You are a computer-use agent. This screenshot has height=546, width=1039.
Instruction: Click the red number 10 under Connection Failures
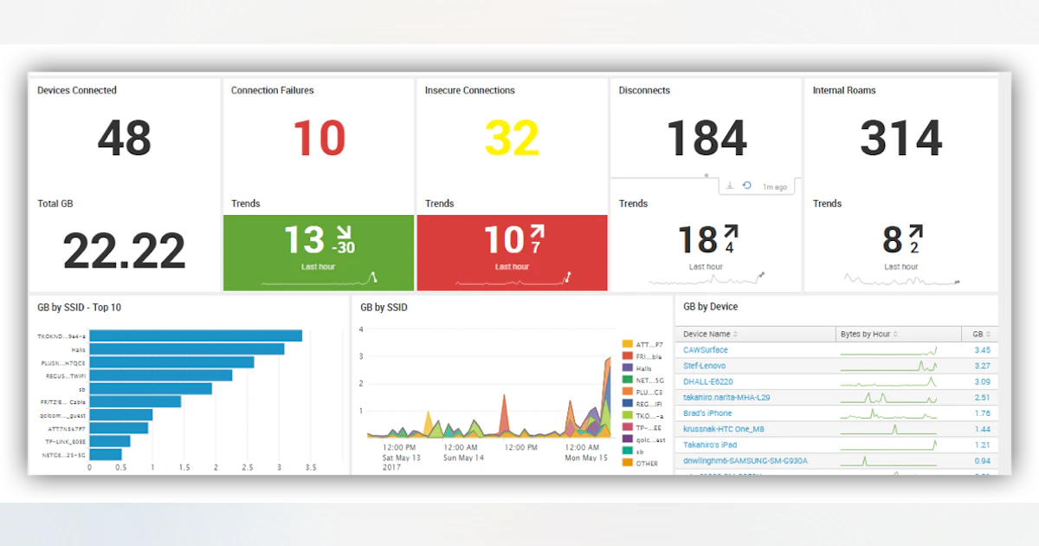click(x=319, y=139)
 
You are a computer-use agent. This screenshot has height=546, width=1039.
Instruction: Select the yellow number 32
click(x=513, y=139)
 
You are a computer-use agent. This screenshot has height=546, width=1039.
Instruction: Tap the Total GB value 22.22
click(x=124, y=251)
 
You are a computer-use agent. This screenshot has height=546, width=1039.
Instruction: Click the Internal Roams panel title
click(x=843, y=90)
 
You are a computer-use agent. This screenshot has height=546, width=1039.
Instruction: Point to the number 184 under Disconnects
click(x=707, y=139)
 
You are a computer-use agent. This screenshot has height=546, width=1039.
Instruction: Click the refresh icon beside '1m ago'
click(x=746, y=186)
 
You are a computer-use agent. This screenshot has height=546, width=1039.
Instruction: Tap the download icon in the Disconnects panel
click(x=730, y=186)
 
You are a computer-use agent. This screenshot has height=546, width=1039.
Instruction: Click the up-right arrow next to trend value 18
click(x=731, y=232)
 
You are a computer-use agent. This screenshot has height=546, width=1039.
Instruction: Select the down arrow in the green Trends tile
click(x=344, y=232)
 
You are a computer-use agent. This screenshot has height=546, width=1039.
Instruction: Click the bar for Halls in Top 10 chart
click(x=186, y=349)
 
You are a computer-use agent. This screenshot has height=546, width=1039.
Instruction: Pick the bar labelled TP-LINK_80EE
click(x=109, y=441)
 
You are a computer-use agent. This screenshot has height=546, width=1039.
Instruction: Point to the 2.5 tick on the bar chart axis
click(x=248, y=468)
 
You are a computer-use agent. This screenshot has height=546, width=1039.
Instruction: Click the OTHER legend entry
click(x=646, y=463)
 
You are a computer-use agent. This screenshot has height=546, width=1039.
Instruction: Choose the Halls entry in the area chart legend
click(x=642, y=368)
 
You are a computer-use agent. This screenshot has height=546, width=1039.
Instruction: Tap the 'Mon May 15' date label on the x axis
click(x=586, y=458)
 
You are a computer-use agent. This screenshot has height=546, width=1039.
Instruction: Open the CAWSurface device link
click(x=705, y=350)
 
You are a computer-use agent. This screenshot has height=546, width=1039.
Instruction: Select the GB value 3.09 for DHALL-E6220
click(x=982, y=382)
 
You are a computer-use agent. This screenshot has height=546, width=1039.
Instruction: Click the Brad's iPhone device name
click(x=707, y=413)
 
